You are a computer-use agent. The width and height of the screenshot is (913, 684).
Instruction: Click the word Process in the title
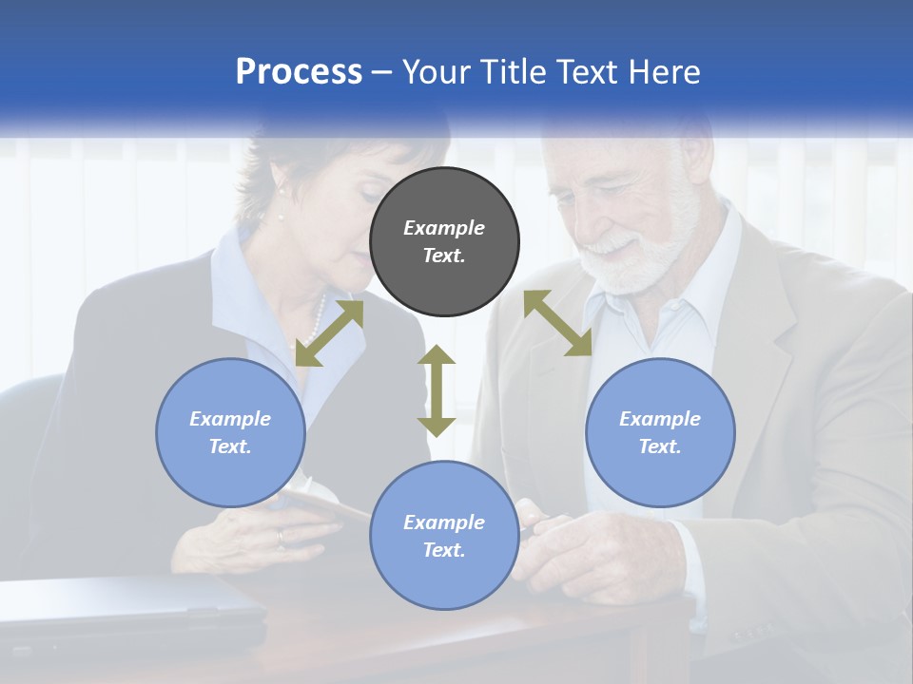[299, 72]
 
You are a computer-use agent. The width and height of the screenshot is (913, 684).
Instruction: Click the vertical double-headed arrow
[437, 390]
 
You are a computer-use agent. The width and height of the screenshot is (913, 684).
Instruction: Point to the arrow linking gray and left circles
[329, 333]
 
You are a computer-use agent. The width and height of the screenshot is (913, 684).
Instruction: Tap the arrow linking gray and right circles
[558, 323]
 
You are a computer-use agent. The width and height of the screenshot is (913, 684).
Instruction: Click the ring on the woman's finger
[280, 538]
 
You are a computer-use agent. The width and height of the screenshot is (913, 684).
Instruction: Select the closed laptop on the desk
[133, 608]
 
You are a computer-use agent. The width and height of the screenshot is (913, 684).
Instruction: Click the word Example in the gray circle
[444, 228]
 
